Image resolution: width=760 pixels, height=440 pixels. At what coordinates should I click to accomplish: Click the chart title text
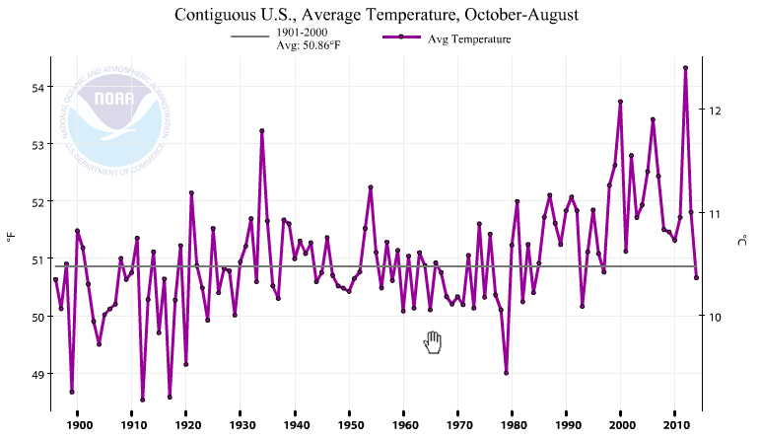point(379,15)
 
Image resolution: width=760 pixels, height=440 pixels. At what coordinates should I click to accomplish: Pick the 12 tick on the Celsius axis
point(717,110)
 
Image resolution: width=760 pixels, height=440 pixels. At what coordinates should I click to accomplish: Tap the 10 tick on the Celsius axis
point(717,317)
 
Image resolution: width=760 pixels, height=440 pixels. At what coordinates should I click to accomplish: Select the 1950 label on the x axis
point(349,425)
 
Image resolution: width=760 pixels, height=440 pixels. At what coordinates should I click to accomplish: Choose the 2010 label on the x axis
point(674,425)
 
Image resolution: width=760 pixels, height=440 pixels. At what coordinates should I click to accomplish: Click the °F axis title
point(10,237)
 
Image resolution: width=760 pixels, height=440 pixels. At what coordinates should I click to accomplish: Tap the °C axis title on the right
point(746,239)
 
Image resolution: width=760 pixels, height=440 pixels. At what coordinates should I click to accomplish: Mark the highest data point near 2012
point(685,68)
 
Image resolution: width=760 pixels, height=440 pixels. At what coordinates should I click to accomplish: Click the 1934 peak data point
point(262,130)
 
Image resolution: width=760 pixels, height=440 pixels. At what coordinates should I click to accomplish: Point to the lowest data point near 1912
point(143,400)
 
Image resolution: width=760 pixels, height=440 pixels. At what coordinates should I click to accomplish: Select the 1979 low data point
point(506,373)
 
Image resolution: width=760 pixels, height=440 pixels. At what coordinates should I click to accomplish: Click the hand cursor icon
point(433,342)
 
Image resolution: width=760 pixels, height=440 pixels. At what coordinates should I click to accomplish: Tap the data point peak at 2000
point(620,102)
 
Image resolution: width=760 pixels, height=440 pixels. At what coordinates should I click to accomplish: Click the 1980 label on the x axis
point(512,425)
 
